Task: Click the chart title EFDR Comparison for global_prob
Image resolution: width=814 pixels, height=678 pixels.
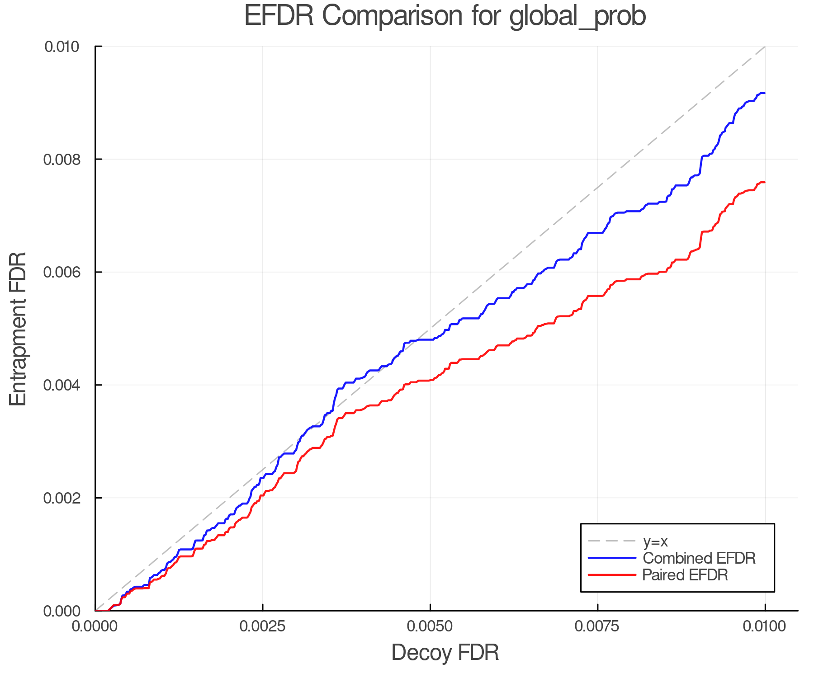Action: pos(445,16)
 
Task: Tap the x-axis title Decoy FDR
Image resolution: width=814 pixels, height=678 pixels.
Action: pos(445,653)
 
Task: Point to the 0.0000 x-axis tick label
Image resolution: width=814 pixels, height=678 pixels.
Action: pos(95,626)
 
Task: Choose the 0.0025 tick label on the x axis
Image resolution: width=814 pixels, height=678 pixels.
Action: pos(263,626)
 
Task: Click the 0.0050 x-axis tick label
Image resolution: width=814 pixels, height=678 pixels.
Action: pos(430,626)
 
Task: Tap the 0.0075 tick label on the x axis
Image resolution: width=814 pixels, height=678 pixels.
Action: pos(598,626)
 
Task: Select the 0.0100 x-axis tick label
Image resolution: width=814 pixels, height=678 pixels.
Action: pos(765,626)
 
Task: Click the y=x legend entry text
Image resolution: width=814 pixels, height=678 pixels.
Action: pos(655,541)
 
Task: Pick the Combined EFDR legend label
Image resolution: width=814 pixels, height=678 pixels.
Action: pos(699,558)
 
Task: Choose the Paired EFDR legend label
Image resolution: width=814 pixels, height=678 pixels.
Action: pos(685,575)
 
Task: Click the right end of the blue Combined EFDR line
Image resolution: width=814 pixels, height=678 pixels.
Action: pos(765,93)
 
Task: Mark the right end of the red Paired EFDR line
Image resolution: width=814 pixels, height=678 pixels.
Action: pos(765,182)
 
